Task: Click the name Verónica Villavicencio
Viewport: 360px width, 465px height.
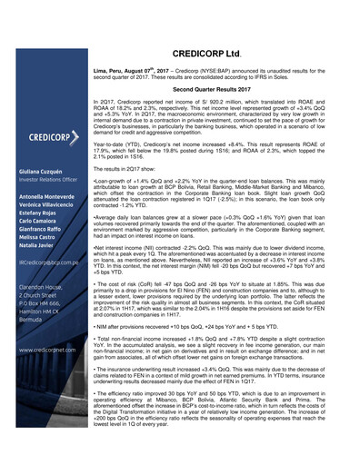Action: pyautogui.click(x=42, y=210)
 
